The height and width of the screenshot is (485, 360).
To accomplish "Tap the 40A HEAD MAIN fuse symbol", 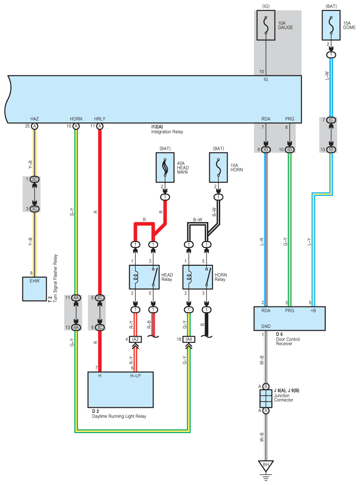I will (x=164, y=168).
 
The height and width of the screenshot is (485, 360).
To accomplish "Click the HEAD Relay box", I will (x=144, y=277).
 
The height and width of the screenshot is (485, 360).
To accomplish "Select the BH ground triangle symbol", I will (x=265, y=466).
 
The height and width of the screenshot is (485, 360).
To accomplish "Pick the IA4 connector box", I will (x=190, y=339).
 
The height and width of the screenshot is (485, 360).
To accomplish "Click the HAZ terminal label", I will (x=35, y=119).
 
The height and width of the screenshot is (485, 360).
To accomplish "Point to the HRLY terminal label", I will (x=99, y=119).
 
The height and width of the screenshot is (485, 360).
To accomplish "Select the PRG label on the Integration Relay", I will (x=290, y=119).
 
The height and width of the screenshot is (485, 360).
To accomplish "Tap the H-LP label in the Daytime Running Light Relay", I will (x=136, y=376).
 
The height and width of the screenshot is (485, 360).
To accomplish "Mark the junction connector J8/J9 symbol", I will (x=265, y=398).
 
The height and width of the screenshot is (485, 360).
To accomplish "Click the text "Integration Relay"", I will (x=167, y=132).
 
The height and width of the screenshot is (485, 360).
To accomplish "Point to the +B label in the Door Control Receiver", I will (x=312, y=311).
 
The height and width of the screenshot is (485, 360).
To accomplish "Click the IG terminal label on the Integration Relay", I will (x=266, y=79).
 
